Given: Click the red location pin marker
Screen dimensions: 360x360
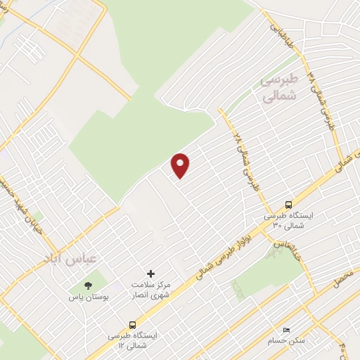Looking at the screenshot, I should [181, 165].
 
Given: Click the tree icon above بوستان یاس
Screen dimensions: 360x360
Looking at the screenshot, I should [89, 285].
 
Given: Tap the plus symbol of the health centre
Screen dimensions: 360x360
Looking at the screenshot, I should [150, 273].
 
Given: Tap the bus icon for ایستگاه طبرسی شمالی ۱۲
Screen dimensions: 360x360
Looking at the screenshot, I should [132, 325].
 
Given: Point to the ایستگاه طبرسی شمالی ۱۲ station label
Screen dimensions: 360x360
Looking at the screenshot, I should [133, 341].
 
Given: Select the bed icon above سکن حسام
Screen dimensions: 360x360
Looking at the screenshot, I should [285, 329].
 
